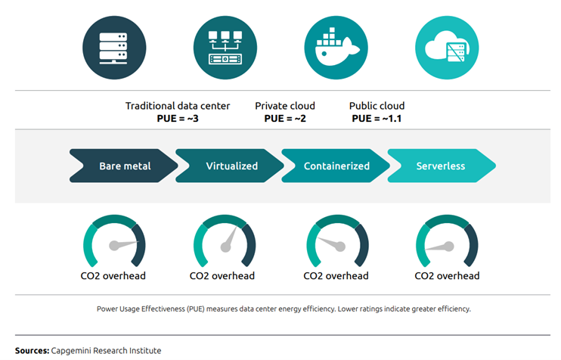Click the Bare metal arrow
(123, 166)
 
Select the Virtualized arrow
(230, 166)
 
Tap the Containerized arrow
(336, 166)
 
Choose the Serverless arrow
(442, 166)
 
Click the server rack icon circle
(114, 48)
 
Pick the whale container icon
(336, 48)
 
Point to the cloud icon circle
(447, 48)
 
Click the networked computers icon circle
(225, 48)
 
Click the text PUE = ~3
(178, 119)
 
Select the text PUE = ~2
(285, 119)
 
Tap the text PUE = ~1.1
(377, 119)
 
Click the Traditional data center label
(178, 106)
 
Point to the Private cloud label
(285, 106)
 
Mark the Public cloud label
(377, 106)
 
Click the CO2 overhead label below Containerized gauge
(336, 276)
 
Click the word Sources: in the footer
(33, 351)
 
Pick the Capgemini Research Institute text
(106, 351)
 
